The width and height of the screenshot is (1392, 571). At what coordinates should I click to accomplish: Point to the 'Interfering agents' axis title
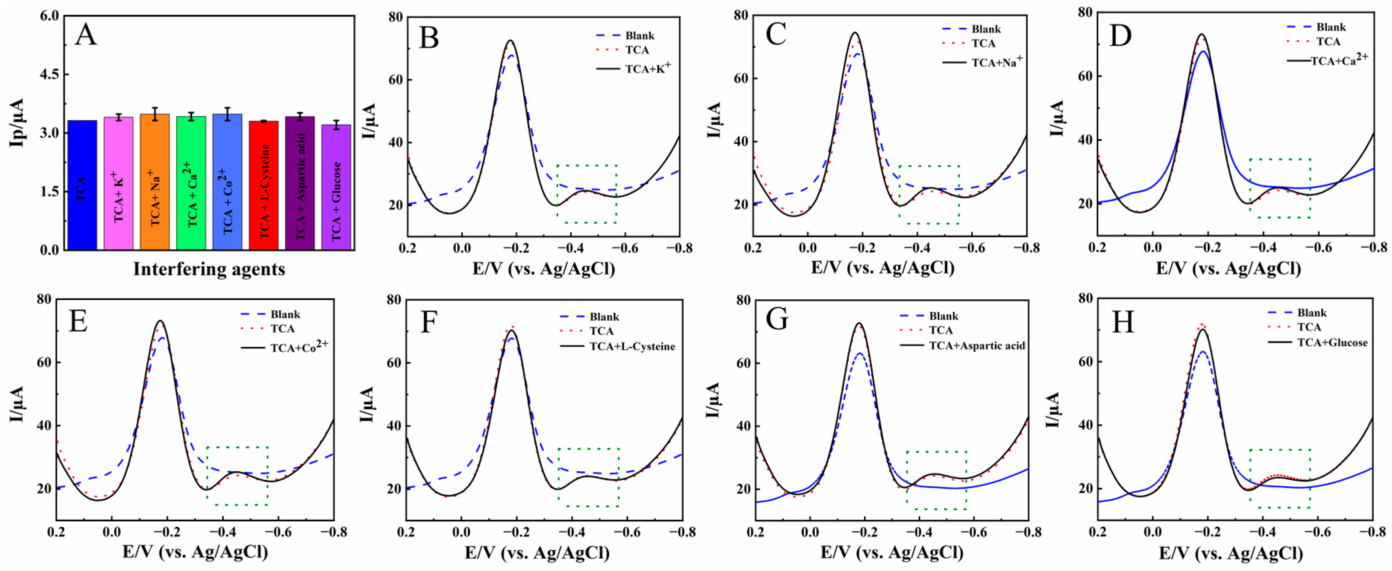[209, 269]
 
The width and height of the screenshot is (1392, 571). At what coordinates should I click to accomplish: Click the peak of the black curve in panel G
[859, 323]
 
